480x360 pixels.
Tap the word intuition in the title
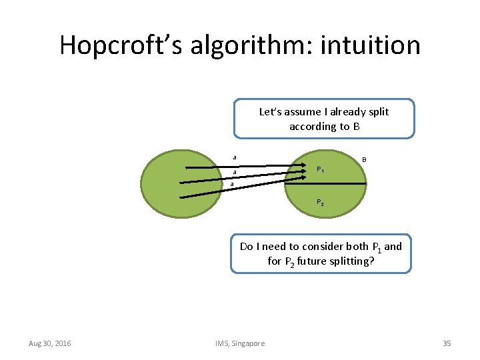click(371, 45)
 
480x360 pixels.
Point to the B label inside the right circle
click(364, 159)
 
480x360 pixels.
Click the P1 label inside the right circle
click(321, 170)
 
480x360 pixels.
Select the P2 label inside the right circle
click(321, 202)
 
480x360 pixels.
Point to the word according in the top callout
click(312, 127)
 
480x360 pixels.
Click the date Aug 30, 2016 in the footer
click(50, 343)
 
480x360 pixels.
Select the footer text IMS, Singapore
click(240, 343)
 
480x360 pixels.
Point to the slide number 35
click(447, 343)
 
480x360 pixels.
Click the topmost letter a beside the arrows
click(234, 157)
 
